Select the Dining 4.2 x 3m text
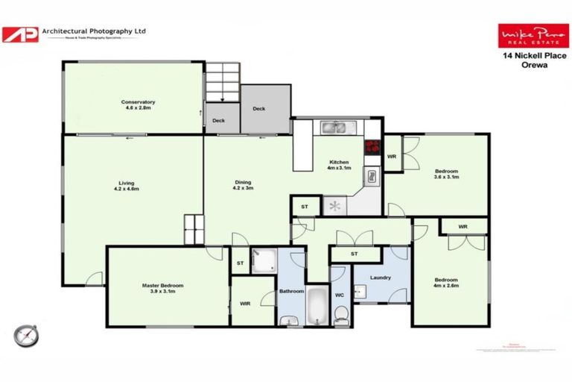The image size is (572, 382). point(244,186)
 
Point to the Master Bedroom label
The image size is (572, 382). point(162,288)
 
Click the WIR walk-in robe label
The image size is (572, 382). point(245,303)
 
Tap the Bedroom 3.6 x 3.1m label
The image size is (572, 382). point(446,174)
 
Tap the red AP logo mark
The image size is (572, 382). point(19,34)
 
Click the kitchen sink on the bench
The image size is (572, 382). point(334,127)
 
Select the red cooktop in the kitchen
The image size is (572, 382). point(372,146)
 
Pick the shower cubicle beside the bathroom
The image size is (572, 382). point(263,260)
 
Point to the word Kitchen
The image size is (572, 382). point(340,163)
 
